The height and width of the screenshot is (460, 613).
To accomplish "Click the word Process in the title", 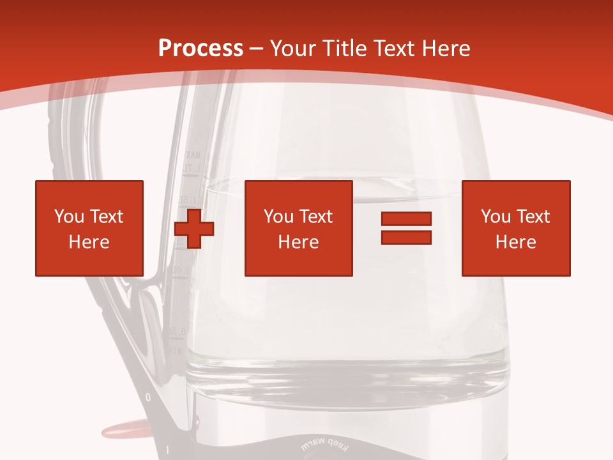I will coord(201,49).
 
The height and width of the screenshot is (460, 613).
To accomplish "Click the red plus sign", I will coord(194,229).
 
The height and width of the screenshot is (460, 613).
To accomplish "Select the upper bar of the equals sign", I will coord(406,219).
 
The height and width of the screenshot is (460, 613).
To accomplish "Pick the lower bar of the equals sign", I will coord(406,237).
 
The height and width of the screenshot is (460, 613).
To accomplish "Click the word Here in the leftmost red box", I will coord(89,242).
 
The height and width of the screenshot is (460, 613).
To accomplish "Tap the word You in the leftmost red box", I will coord(68,217).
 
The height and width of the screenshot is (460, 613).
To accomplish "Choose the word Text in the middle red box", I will coord(316,217).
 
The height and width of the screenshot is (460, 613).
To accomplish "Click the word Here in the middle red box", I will coord(298,242).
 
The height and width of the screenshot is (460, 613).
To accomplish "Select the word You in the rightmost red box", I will coord(495,217).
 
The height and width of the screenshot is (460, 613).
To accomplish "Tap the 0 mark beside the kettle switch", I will coord(148,397).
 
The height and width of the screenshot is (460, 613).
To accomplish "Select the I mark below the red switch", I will coord(167,450).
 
